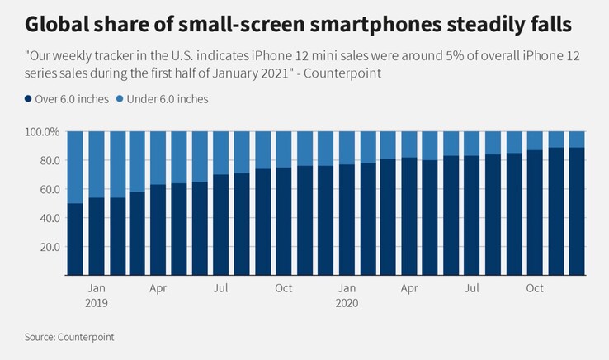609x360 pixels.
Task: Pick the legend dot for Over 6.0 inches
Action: [x=30, y=99]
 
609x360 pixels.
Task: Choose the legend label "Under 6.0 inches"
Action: [x=166, y=99]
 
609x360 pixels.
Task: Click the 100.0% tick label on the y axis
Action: [x=41, y=132]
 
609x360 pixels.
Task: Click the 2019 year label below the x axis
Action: [x=97, y=303]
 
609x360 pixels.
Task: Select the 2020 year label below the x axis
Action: [x=347, y=303]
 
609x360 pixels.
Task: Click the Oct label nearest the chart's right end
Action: [x=535, y=288]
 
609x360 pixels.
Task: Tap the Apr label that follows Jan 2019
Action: [x=159, y=288]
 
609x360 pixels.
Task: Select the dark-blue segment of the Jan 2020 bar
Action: [x=347, y=219]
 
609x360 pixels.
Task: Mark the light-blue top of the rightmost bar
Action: [x=575, y=139]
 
